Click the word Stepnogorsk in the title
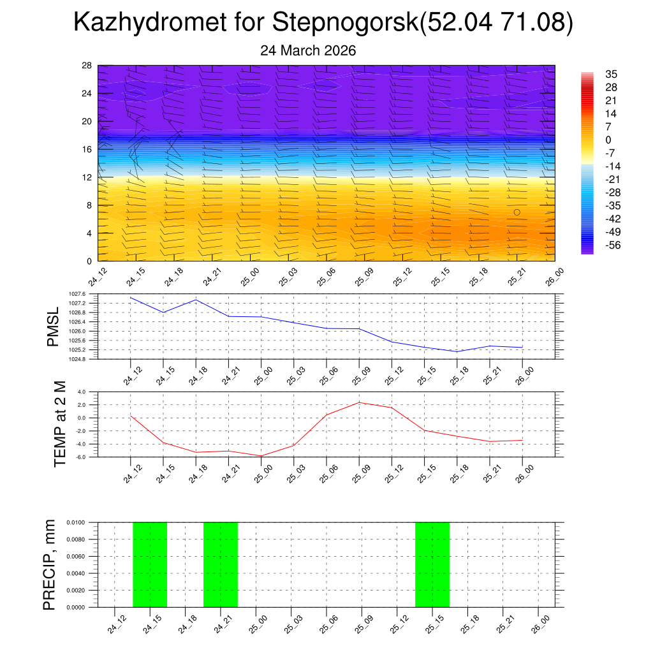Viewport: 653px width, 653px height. (343, 23)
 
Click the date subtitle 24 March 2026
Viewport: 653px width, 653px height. (308, 50)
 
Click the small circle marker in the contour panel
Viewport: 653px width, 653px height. (517, 212)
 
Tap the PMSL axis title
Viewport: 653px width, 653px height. (53, 326)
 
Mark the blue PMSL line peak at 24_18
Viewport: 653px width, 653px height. (196, 300)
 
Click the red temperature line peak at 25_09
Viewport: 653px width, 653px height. (359, 402)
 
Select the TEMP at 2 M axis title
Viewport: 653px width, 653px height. (59, 424)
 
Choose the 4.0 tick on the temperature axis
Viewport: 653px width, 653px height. (82, 392)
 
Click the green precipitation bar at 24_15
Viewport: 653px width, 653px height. (150, 564)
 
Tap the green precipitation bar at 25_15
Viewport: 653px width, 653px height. (432, 564)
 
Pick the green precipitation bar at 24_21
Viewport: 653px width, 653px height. (221, 564)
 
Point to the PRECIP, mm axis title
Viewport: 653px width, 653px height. (50, 564)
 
